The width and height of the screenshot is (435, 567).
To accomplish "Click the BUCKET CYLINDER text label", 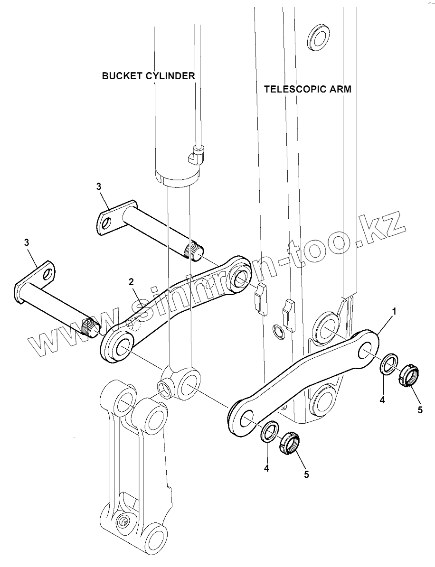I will [x=148, y=76].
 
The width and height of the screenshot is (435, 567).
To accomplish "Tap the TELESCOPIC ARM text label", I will [x=308, y=89].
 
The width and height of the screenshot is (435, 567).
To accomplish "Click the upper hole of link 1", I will [x=367, y=352].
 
